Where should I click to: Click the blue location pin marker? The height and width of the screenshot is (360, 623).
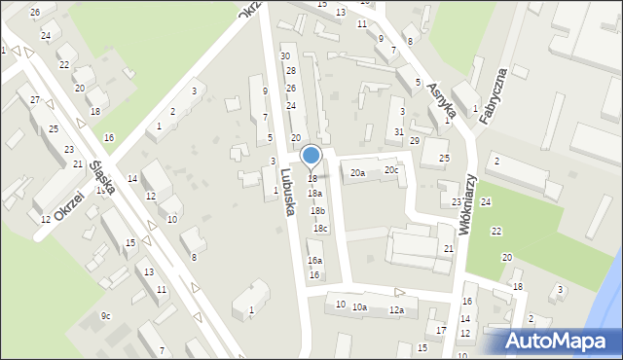click(x=311, y=156)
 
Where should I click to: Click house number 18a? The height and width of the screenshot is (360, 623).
click(x=315, y=194)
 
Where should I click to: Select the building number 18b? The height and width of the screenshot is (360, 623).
click(x=317, y=210)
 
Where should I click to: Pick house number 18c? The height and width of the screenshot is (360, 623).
click(x=320, y=229)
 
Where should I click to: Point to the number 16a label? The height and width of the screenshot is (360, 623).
click(x=314, y=261)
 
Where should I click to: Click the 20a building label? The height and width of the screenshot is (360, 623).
click(x=358, y=173)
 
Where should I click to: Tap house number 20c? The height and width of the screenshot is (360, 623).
click(x=390, y=170)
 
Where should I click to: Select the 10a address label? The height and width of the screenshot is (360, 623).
click(x=360, y=307)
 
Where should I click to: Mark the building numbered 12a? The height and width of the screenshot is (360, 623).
click(x=396, y=310)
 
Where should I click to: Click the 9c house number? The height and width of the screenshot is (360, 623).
click(x=105, y=316)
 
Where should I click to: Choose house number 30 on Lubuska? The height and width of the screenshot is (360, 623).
click(x=285, y=56)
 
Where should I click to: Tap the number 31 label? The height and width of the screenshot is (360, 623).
click(x=399, y=131)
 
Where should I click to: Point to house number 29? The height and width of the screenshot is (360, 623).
click(x=414, y=142)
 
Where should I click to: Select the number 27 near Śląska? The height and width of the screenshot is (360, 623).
click(x=35, y=100)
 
